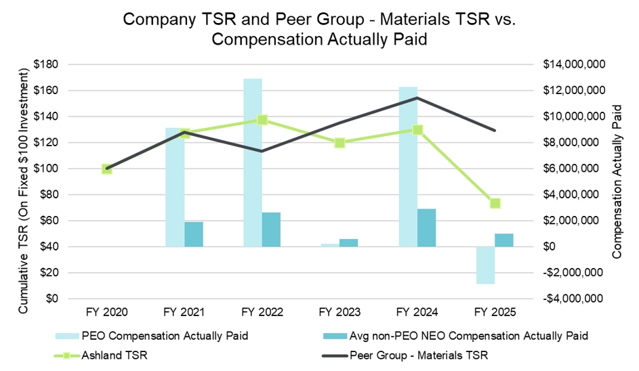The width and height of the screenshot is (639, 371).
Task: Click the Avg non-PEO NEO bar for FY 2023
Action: coord(349,243)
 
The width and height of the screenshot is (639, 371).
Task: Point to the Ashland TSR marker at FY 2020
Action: coord(107,169)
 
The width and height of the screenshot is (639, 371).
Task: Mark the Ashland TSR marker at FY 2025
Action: coord(495,203)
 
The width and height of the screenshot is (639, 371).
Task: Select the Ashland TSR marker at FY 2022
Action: coord(262,120)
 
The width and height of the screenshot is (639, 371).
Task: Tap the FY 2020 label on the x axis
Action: coord(107,312)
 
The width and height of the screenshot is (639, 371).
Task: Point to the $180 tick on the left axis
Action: coord(47,64)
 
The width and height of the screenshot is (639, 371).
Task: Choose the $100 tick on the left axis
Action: coord(47,169)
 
